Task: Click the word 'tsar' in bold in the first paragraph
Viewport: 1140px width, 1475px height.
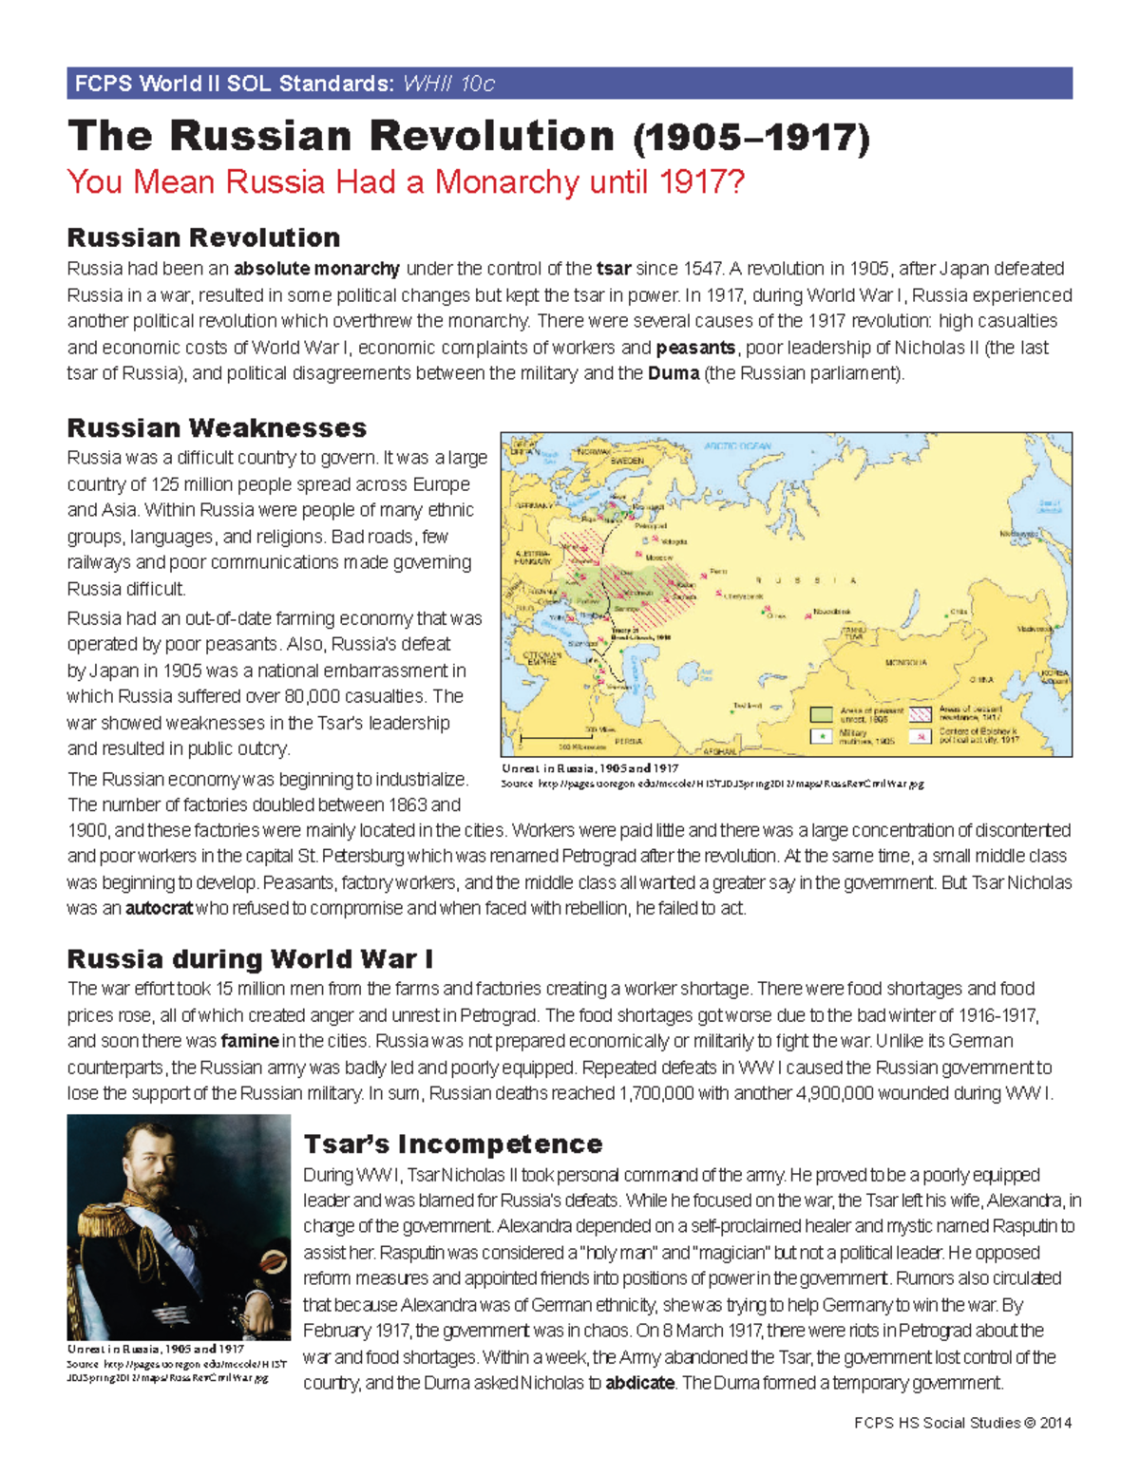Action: click(614, 269)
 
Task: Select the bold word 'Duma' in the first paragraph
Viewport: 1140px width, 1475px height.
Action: click(674, 373)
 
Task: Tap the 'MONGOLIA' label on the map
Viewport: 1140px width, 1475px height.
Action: click(905, 662)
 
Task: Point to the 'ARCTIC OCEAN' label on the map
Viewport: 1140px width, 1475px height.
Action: click(737, 445)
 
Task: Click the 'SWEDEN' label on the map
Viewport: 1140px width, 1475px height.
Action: click(627, 461)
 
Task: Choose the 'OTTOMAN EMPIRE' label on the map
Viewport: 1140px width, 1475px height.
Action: click(542, 658)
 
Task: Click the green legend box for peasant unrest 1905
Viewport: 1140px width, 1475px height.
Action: click(821, 713)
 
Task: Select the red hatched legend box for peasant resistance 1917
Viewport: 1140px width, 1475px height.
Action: click(920, 713)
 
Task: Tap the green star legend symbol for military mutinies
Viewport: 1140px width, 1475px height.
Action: click(821, 735)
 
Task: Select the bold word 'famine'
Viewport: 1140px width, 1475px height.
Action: click(250, 1040)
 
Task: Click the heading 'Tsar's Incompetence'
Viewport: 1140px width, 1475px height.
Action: click(452, 1144)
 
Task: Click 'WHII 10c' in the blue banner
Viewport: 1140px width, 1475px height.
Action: click(448, 84)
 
